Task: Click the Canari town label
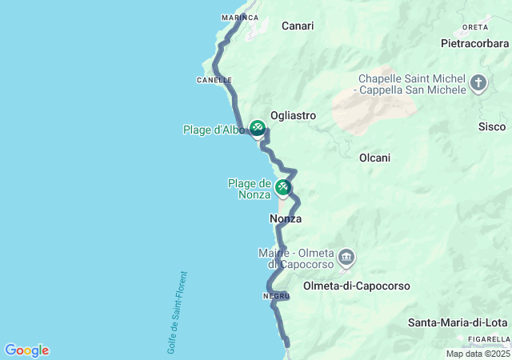click(298, 26)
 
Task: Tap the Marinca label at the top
click(239, 17)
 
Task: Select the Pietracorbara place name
click(474, 43)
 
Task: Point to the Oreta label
click(474, 26)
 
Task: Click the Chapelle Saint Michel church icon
click(478, 83)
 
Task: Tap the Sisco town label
click(492, 126)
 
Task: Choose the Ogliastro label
click(293, 115)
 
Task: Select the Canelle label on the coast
click(214, 80)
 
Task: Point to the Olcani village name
click(374, 158)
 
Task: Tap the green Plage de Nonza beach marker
click(282, 188)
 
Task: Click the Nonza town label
click(286, 218)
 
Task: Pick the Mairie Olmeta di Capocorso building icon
click(346, 258)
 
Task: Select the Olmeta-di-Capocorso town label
click(357, 286)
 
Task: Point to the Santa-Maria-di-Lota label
click(458, 323)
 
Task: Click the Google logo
click(26, 350)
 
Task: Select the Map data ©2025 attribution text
click(478, 354)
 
